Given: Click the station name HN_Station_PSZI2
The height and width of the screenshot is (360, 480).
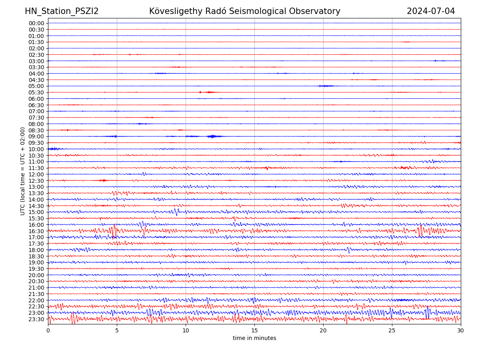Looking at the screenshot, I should pyautogui.click(x=62, y=11).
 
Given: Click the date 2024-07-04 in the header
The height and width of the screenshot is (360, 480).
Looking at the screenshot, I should pyautogui.click(x=431, y=11).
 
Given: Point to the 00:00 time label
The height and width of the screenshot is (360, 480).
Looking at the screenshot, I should pyautogui.click(x=36, y=23).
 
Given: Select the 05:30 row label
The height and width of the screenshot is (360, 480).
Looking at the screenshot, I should pyautogui.click(x=36, y=92).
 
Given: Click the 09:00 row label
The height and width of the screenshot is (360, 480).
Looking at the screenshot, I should pyautogui.click(x=36, y=136).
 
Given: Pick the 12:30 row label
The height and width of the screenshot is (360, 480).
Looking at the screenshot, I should pyautogui.click(x=36, y=181).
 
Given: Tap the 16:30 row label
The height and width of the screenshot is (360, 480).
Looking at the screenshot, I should pyautogui.click(x=36, y=231).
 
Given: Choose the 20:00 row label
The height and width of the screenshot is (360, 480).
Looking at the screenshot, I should pyautogui.click(x=36, y=275).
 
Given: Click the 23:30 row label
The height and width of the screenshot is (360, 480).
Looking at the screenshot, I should pyautogui.click(x=36, y=319).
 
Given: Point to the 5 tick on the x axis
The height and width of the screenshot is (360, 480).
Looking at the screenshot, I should pyautogui.click(x=117, y=331).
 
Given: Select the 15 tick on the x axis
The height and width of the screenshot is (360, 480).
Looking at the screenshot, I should pyautogui.click(x=254, y=331).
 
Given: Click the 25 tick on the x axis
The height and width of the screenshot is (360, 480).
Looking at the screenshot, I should pyautogui.click(x=392, y=331).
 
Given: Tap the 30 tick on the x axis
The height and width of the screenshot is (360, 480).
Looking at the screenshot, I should pyautogui.click(x=461, y=331).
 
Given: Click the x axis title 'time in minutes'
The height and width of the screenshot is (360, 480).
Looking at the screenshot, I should pyautogui.click(x=254, y=338).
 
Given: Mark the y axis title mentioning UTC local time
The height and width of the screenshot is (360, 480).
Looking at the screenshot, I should pyautogui.click(x=23, y=171).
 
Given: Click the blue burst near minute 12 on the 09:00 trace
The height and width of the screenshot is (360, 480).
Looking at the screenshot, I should pyautogui.click(x=212, y=136).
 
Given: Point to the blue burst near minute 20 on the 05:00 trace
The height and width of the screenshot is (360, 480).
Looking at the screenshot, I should pyautogui.click(x=326, y=86).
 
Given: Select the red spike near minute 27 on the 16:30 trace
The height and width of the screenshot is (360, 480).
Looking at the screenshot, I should pyautogui.click(x=420, y=230).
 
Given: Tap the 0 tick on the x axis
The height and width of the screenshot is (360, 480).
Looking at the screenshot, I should pyautogui.click(x=48, y=331).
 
